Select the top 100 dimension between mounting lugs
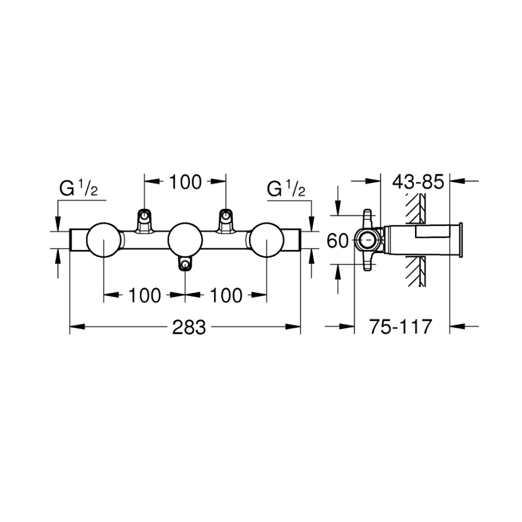pyautogui.click(x=185, y=181)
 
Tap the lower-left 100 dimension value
pyautogui.click(x=144, y=295)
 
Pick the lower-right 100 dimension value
pyautogui.click(x=226, y=295)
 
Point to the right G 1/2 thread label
pyautogui.click(x=286, y=189)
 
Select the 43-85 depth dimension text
pyautogui.click(x=417, y=181)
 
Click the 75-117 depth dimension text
pyautogui.click(x=401, y=327)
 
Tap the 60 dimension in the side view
pyautogui.click(x=338, y=241)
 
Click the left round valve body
pyautogui.click(x=104, y=240)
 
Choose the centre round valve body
pyautogui.click(x=185, y=240)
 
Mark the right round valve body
pyautogui.click(x=266, y=240)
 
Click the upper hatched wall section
pyautogui.click(x=413, y=209)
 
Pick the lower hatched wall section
pyautogui.click(x=413, y=272)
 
